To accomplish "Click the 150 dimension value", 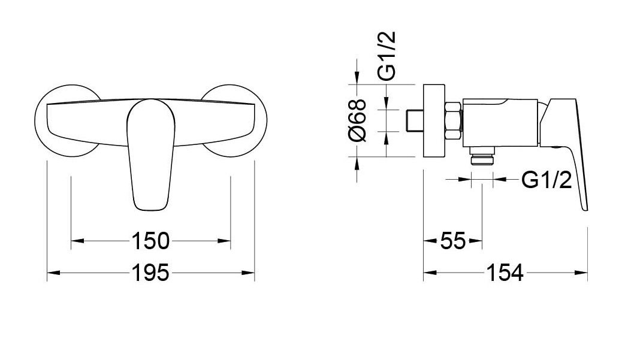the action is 150,241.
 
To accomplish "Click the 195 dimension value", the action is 150,273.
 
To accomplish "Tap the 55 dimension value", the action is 453,241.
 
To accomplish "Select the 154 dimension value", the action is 504,273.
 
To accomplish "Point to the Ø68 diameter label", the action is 357,120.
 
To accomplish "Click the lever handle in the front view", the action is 150,155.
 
